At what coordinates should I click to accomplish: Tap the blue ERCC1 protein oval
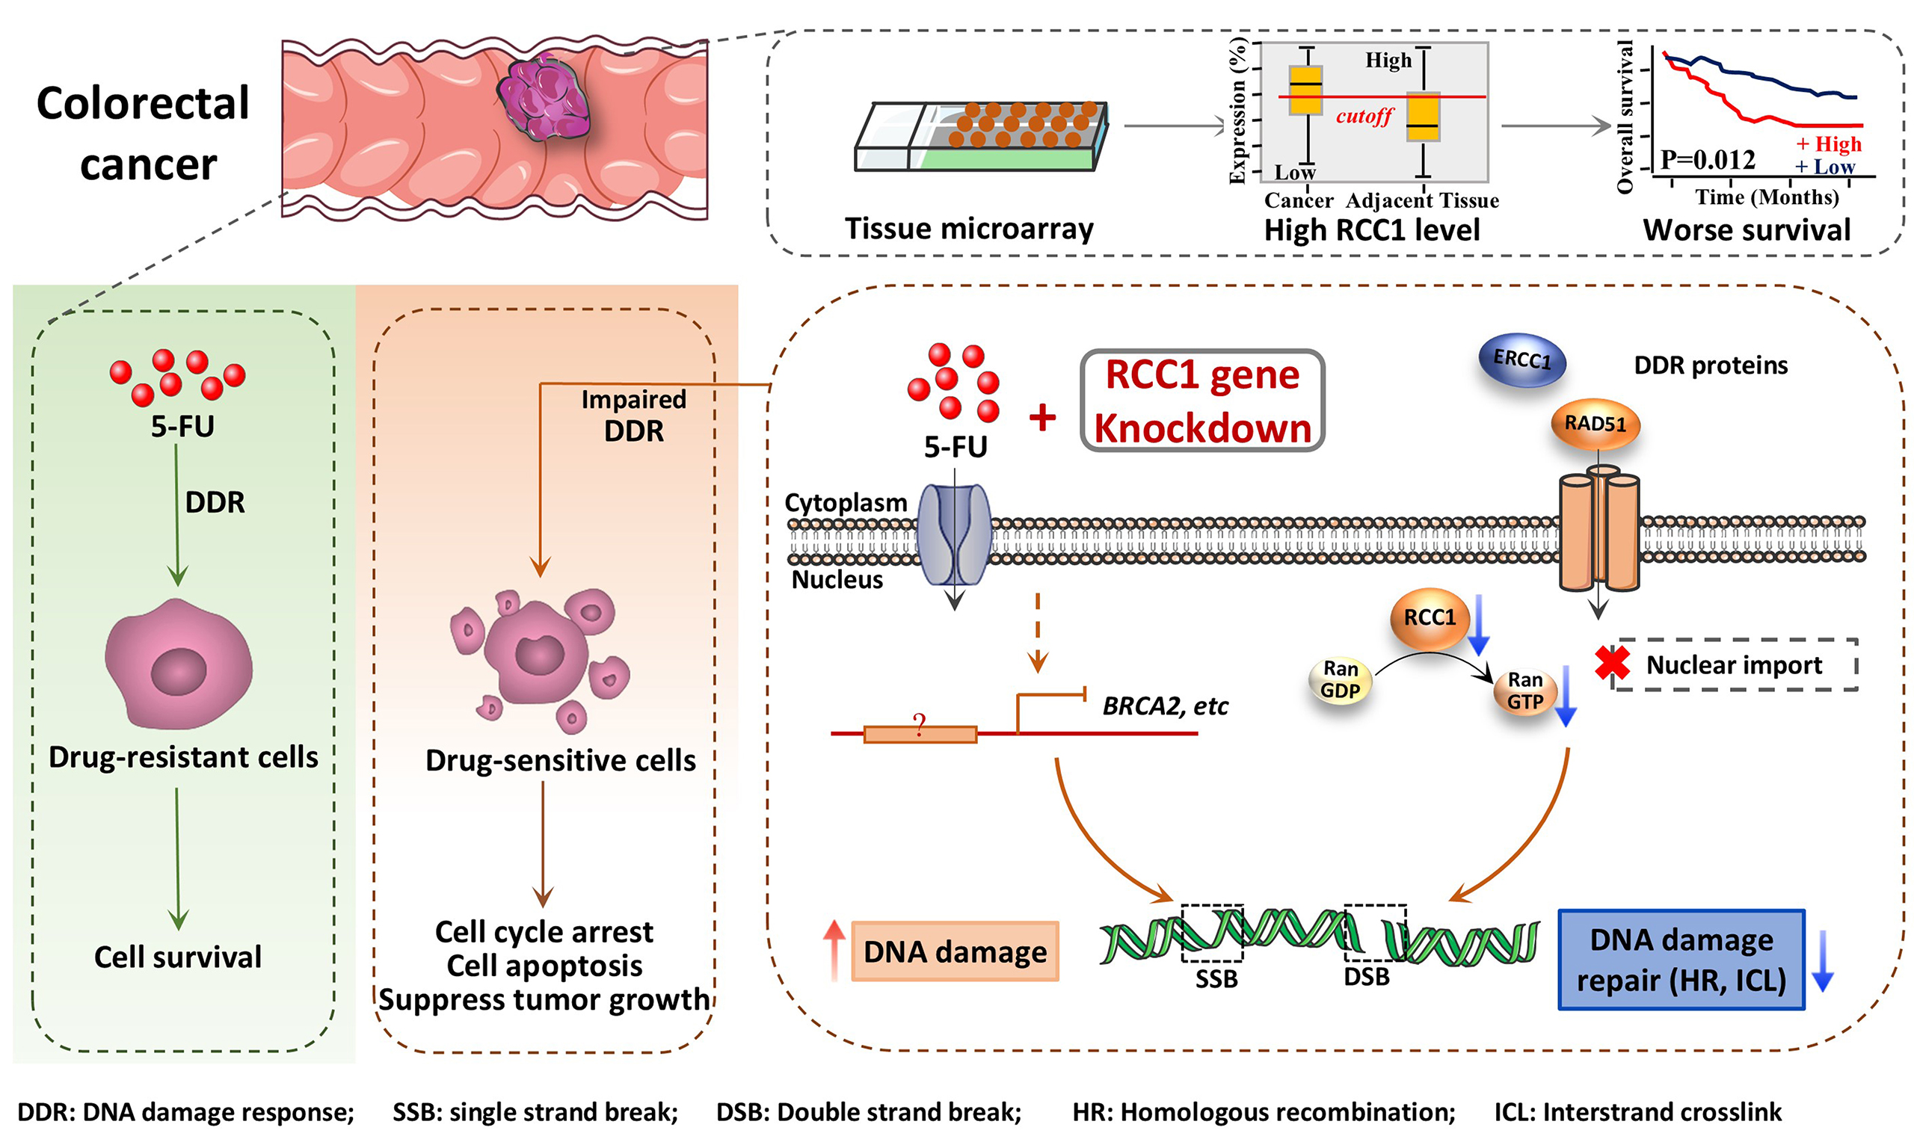1521,359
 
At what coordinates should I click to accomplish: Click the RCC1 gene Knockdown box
1202,401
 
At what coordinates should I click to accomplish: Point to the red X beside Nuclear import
1612,664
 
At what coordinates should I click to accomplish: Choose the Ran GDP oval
1340,680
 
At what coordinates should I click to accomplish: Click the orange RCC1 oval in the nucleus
1429,617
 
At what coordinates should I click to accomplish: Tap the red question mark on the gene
919,726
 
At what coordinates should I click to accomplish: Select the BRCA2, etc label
1164,706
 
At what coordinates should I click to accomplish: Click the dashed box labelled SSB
1211,933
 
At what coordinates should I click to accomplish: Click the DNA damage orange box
955,951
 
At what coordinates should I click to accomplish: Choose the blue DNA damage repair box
1681,960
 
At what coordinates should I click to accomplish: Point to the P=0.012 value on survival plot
1707,160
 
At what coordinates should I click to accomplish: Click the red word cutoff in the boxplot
1364,117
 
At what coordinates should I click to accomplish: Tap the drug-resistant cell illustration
179,665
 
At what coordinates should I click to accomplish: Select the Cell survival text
178,957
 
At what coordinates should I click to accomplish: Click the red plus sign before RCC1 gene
1042,418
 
